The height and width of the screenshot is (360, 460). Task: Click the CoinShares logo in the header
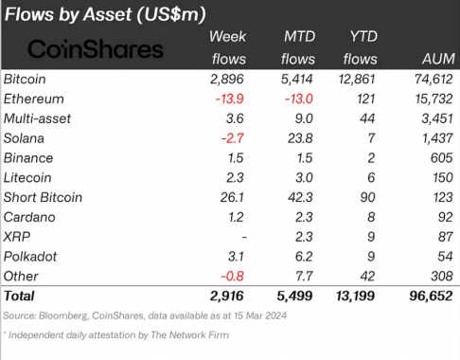[x=96, y=49]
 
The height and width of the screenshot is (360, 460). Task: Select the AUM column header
[x=438, y=59]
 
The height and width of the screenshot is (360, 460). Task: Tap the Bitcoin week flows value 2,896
[x=227, y=80]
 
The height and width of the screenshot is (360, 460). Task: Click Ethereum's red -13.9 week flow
[x=229, y=99]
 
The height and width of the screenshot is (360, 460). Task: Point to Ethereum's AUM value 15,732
[x=433, y=99]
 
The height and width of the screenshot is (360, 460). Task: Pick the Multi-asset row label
[x=37, y=118]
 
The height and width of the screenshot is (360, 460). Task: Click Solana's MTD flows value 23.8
[x=300, y=138]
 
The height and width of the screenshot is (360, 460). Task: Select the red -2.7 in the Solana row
[x=232, y=138]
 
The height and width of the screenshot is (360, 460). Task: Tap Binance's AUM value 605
[x=442, y=158]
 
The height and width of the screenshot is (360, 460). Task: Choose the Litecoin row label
[x=27, y=178]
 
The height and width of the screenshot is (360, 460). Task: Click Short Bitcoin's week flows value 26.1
[x=232, y=197]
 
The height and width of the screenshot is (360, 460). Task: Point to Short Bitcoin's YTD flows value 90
[x=367, y=197]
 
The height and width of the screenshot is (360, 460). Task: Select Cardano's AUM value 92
[x=445, y=217]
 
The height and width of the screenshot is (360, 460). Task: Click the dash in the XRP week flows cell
[x=244, y=237]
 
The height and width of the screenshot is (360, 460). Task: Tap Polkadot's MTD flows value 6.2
[x=304, y=257]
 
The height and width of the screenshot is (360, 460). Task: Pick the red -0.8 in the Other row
[x=232, y=277]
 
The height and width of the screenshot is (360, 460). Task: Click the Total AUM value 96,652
[x=431, y=297]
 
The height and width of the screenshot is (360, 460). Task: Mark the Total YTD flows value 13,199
[x=355, y=297]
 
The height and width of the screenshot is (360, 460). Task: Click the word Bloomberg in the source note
[x=63, y=315]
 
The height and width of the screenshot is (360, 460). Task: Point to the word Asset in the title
[x=108, y=14]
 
